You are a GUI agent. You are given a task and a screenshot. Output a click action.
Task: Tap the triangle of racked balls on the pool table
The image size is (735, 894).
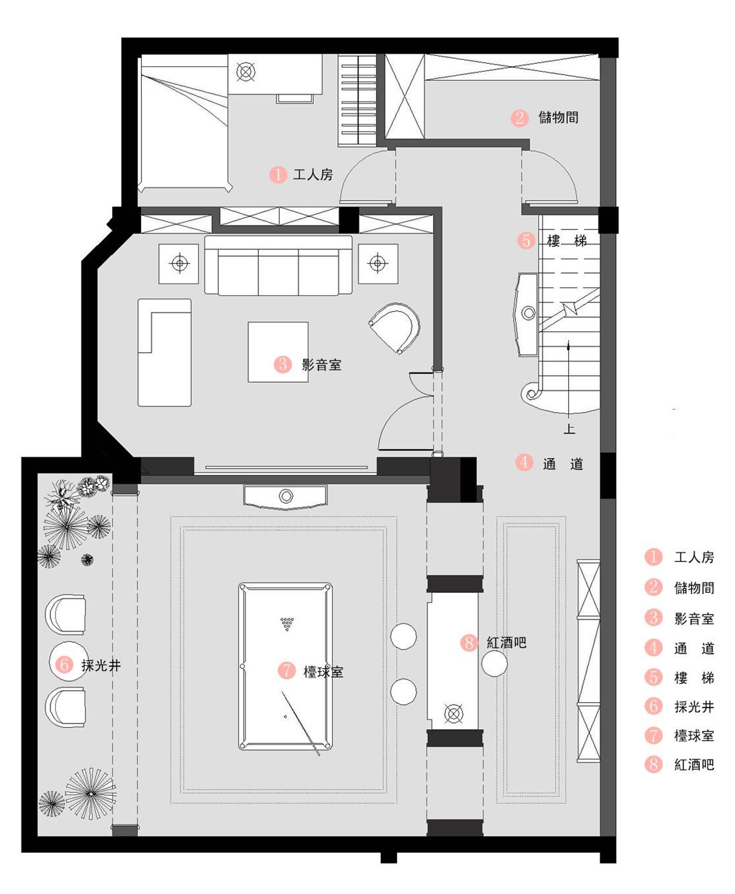tap(287, 623)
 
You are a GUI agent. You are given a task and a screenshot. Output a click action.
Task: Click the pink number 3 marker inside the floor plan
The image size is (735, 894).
tap(283, 364)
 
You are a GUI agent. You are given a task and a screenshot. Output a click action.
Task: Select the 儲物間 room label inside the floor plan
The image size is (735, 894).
tap(558, 117)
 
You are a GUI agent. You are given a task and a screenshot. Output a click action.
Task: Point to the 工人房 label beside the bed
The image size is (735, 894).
tap(313, 174)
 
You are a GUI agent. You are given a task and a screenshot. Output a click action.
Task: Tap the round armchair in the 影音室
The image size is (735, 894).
tap(395, 327)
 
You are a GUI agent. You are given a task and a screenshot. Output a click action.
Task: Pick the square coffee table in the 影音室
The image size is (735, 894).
tap(278, 352)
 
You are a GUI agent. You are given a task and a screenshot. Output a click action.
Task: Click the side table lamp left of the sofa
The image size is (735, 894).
tap(179, 263)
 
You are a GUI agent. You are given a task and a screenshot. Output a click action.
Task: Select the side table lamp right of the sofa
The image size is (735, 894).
tap(378, 263)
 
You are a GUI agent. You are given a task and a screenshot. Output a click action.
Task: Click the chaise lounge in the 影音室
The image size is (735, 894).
tap(164, 352)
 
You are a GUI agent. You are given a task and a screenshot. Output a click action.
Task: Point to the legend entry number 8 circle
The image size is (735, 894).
tap(653, 764)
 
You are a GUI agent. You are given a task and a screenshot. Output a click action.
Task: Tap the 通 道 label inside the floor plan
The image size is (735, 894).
tap(563, 464)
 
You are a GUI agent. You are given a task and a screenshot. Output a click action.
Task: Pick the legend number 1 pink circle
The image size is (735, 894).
tap(653, 557)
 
